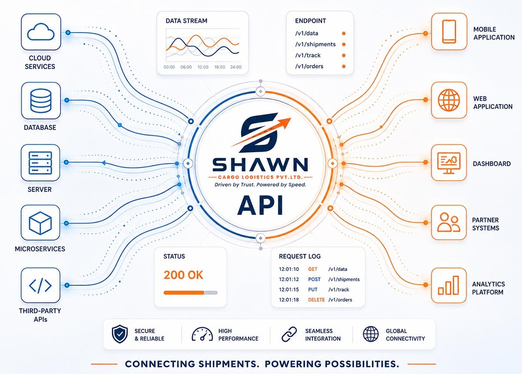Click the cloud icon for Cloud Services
[x=41, y=32]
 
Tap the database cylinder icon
[x=41, y=100]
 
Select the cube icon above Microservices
[x=40, y=223]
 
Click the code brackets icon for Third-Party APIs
[x=40, y=285]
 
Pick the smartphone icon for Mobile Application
[x=449, y=31]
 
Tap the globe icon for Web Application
[x=449, y=100]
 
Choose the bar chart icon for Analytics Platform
[x=448, y=285]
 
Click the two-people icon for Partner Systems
[x=448, y=222]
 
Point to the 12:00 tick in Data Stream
[x=203, y=67]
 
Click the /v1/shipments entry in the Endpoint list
[x=315, y=44]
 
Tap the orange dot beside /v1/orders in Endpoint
[x=344, y=67]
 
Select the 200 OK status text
[x=183, y=275]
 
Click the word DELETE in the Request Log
[x=316, y=300]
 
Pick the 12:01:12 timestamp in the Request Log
[x=289, y=279]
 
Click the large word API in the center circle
[x=260, y=205]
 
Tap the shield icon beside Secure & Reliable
[x=120, y=334]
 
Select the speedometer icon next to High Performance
[x=202, y=334]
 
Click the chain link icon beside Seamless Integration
[x=289, y=334]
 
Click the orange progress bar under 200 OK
[x=184, y=293]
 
